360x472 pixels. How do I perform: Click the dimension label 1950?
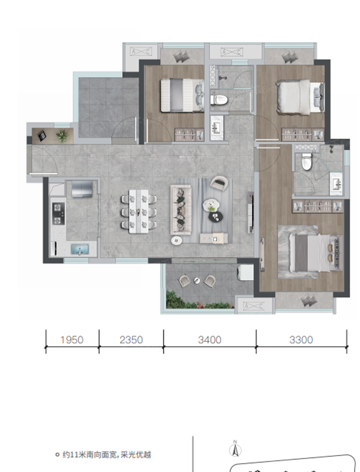pos(72,340)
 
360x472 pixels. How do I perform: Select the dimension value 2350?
pos(131,340)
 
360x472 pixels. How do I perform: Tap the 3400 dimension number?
pos(209,340)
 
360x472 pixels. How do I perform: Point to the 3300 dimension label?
pos(301,340)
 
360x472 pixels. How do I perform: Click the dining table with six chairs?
pos(138,211)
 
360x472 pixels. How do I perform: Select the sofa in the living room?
pos(181,210)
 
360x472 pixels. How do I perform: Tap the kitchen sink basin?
pos(80,250)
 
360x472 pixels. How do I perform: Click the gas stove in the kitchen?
pos(58,214)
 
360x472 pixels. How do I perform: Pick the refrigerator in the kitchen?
pos(82,189)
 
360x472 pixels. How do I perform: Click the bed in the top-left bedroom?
pos(182,95)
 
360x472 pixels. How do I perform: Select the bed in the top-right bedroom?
pos(300,97)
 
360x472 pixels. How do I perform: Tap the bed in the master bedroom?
pos(315,253)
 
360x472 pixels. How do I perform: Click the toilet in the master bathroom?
pos(306,162)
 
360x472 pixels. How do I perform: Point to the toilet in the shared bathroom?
pos(219,100)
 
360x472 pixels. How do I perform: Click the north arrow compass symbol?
pos(235,448)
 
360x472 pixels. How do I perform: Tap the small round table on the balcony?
pos(197,281)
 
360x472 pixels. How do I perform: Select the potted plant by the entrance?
pos(62,136)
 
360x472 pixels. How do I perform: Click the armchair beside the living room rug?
pos(219,183)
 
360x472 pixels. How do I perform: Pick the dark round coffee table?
pos(216,216)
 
